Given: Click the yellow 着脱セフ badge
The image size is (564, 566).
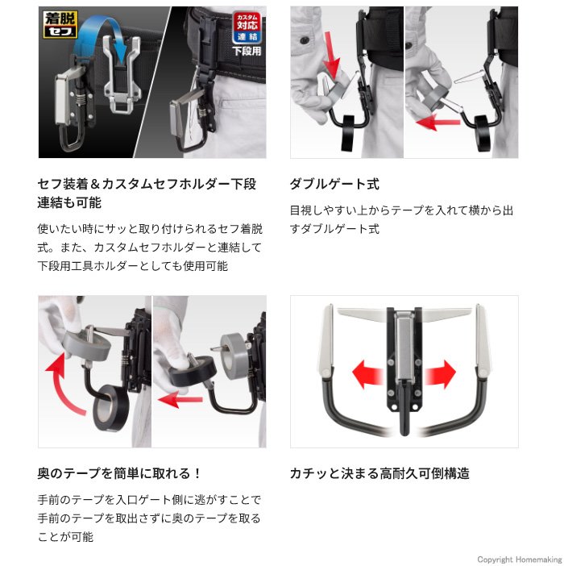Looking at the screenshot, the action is pyautogui.click(x=60, y=24).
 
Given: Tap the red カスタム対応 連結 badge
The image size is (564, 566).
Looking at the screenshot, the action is pyautogui.click(x=247, y=27).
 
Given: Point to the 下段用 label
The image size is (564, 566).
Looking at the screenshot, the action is pyautogui.click(x=247, y=51).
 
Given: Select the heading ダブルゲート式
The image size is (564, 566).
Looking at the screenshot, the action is pyautogui.click(x=334, y=184).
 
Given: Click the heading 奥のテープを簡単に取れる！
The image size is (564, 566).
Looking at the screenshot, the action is pyautogui.click(x=119, y=473).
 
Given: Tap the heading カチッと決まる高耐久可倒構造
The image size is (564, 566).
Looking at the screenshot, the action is pyautogui.click(x=379, y=473).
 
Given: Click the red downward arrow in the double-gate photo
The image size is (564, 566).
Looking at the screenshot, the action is pyautogui.click(x=331, y=54).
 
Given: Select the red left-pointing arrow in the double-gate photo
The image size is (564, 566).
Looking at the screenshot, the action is pyautogui.click(x=438, y=122).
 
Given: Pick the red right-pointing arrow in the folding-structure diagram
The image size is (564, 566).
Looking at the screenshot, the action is pyautogui.click(x=440, y=374).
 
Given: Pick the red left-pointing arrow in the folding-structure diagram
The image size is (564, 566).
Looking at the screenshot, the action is pyautogui.click(x=367, y=374).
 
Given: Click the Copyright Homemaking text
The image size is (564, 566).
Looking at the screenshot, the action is pyautogui.click(x=520, y=559).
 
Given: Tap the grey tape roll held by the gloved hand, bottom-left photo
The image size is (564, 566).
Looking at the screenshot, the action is pyautogui.click(x=86, y=345).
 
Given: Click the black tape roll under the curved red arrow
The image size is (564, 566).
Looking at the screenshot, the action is pyautogui.click(x=111, y=407).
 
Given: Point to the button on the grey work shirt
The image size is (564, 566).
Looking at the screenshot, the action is pyautogui.click(x=304, y=40).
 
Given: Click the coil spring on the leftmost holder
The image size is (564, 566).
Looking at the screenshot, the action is pyautogui.click(x=82, y=98).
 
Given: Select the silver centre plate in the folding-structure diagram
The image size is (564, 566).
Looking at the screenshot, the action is pyautogui.click(x=404, y=348).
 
